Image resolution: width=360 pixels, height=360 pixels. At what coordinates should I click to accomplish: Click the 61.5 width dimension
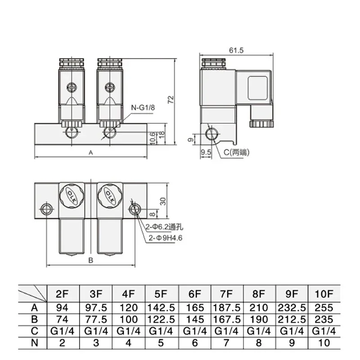point(236,50)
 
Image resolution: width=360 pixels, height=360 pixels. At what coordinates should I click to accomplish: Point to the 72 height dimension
point(170,100)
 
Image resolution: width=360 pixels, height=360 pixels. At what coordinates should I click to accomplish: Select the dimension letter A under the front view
point(90,153)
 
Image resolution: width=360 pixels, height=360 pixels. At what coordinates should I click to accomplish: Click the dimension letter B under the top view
point(90,260)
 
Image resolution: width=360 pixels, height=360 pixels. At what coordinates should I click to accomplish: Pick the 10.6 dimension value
point(153,137)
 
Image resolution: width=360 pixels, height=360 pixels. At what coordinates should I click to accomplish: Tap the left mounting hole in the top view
point(46,210)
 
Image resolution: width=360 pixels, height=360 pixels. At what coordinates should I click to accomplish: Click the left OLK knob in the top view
point(71,194)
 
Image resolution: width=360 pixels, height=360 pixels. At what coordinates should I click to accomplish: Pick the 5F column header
point(162,294)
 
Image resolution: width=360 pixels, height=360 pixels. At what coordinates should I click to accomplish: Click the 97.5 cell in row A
point(96,308)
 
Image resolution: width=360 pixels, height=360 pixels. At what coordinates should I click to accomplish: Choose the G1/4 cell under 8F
point(259,331)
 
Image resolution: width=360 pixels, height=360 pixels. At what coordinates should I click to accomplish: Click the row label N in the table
point(32,342)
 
